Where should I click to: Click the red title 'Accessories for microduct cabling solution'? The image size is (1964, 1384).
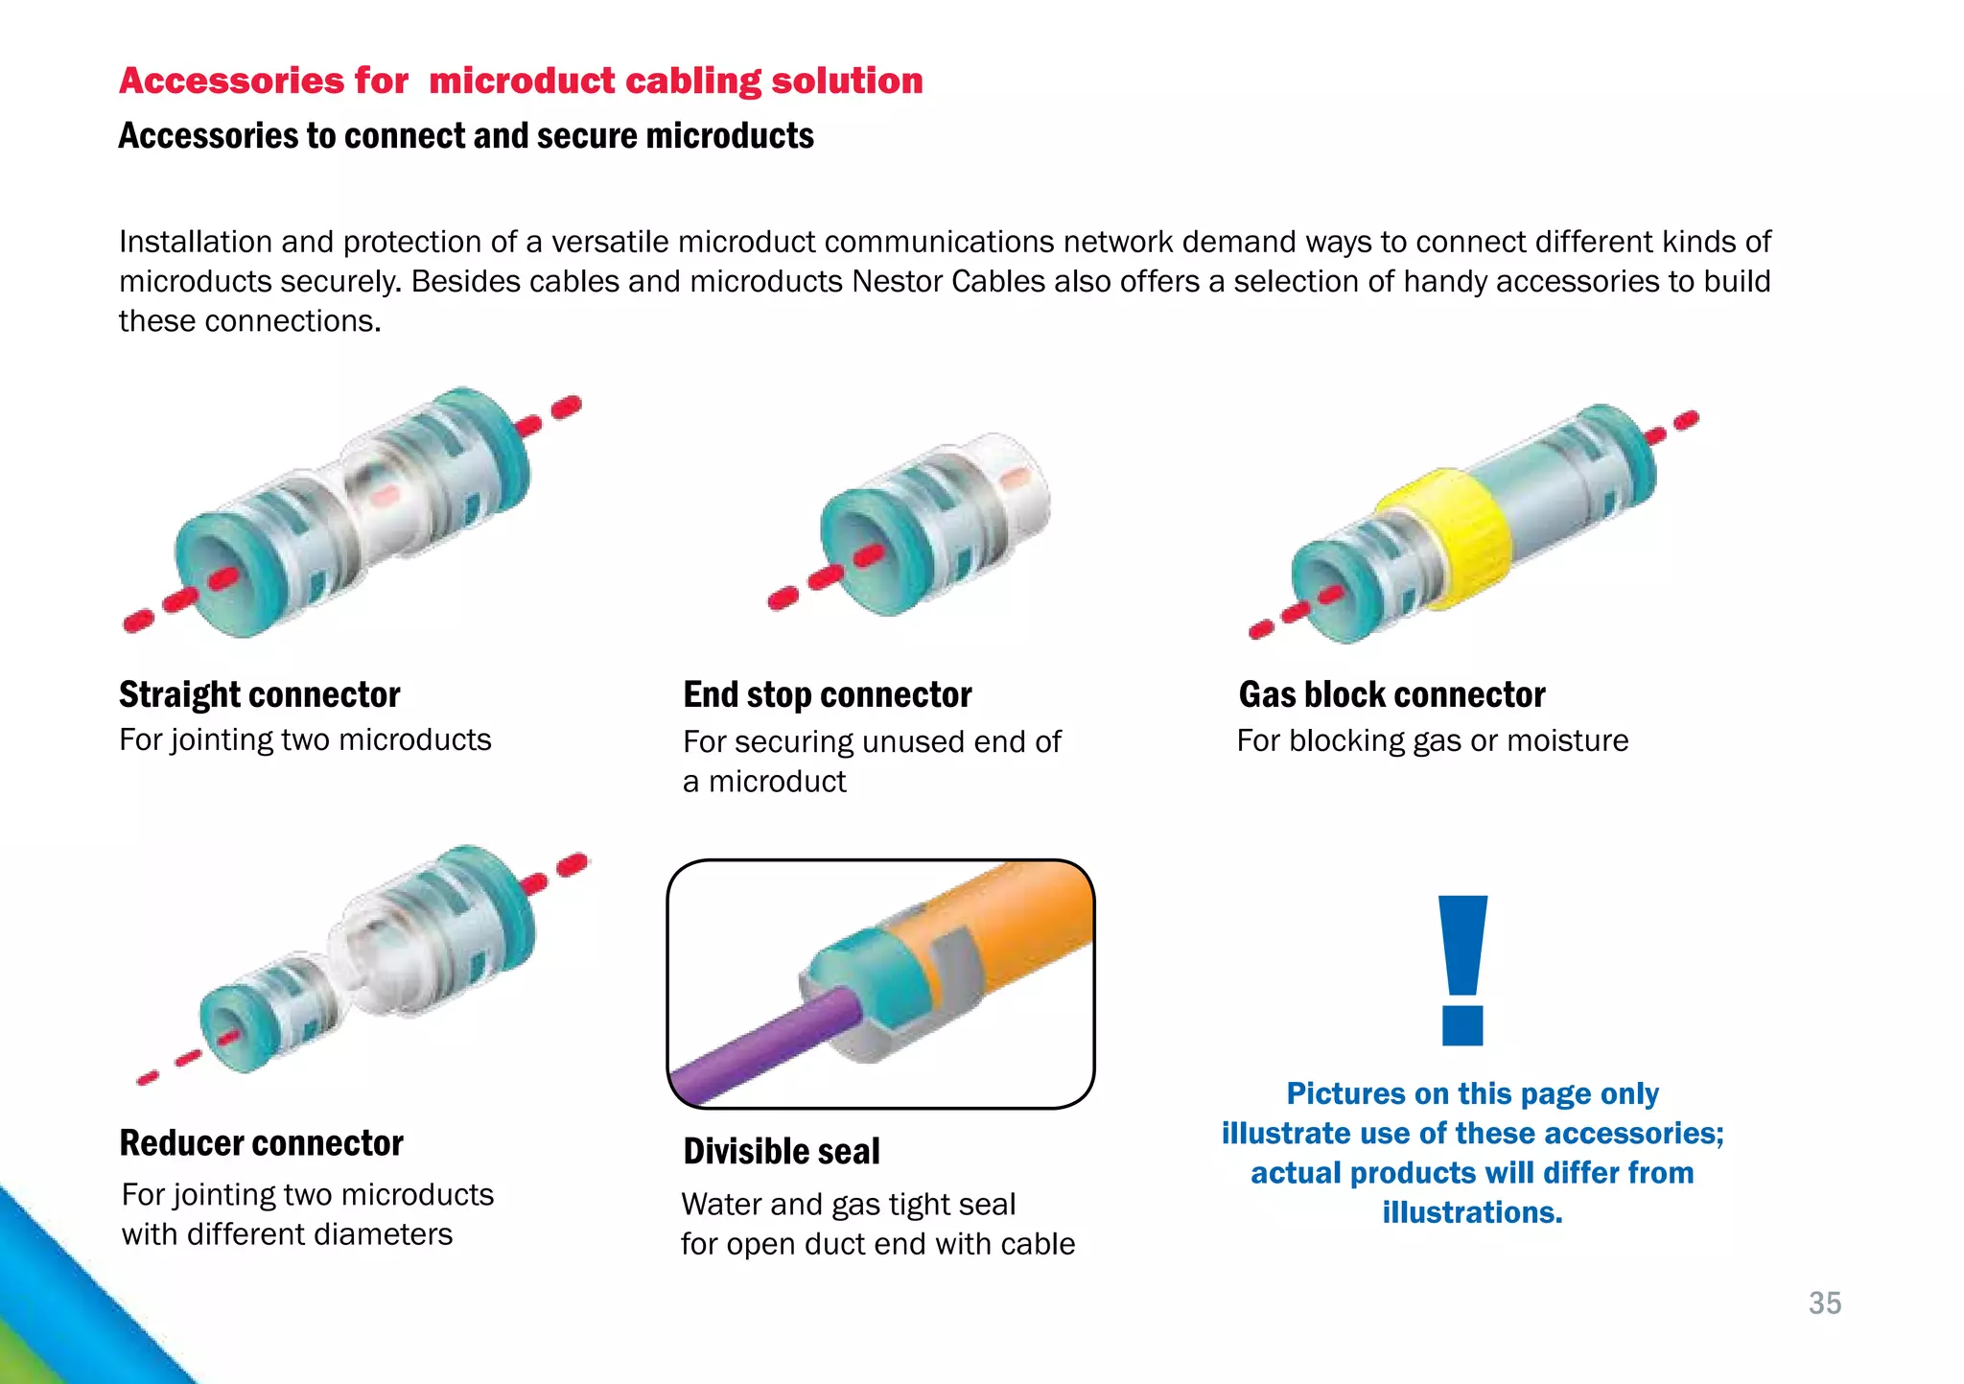(x=521, y=81)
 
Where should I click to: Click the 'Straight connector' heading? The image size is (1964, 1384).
(x=259, y=694)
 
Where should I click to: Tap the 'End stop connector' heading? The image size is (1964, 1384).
(x=827, y=694)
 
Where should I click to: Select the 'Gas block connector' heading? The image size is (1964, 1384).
(x=1391, y=694)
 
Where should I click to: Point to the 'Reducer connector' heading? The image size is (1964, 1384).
(x=261, y=1143)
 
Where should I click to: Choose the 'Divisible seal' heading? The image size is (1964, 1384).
(x=781, y=1151)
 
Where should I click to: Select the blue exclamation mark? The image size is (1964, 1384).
(x=1462, y=969)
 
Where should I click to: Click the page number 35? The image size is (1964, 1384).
(x=1824, y=1303)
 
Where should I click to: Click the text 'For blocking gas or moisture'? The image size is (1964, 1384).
(x=1432, y=740)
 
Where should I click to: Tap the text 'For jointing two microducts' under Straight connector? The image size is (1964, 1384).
(x=305, y=739)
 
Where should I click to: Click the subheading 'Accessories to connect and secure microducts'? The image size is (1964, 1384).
(x=466, y=136)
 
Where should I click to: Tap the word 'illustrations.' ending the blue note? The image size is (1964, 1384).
(x=1472, y=1212)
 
